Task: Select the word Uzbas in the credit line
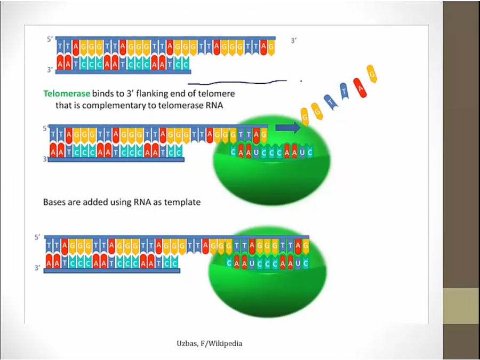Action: [187, 343]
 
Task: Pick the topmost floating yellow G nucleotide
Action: [372, 73]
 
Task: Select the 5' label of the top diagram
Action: [50, 39]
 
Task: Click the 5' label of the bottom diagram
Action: [37, 237]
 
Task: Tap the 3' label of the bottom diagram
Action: [37, 268]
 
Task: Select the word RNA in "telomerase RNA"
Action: [213, 105]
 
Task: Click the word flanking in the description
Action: [143, 93]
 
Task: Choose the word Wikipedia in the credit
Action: [226, 343]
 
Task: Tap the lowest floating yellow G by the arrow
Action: [305, 116]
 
